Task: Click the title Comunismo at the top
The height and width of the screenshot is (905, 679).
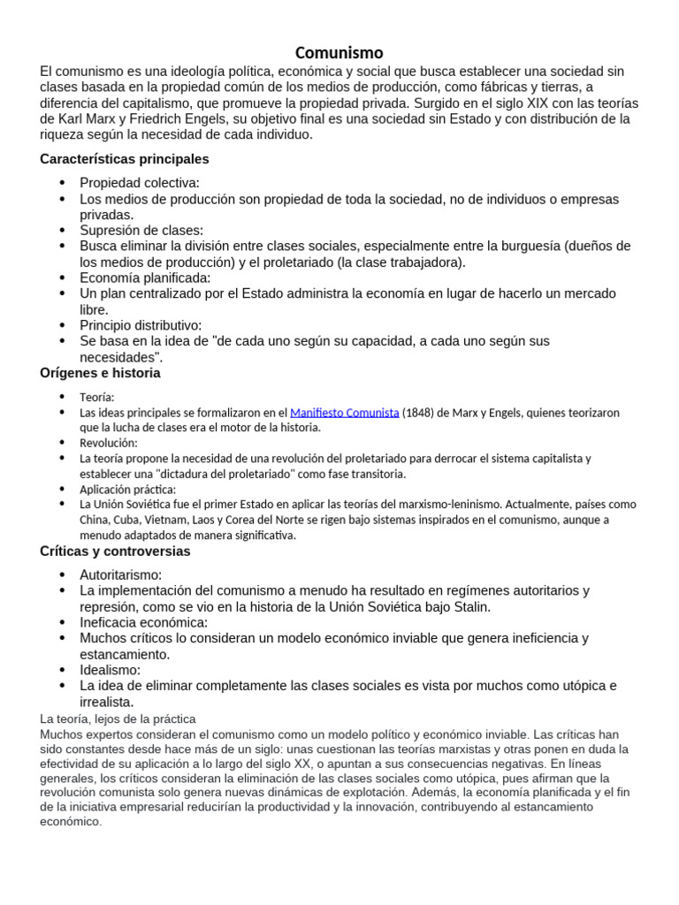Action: click(x=339, y=52)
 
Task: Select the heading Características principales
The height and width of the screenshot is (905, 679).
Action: click(x=125, y=159)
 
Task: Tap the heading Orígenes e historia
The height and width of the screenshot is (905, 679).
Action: click(x=100, y=373)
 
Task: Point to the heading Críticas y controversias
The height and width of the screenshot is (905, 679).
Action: click(x=115, y=551)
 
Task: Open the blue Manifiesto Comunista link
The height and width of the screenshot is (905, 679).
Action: click(x=344, y=413)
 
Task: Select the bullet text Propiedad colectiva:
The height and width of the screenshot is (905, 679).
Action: click(x=140, y=183)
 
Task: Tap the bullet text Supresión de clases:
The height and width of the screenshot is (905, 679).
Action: click(x=141, y=231)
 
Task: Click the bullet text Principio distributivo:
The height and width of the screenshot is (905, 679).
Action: click(x=141, y=325)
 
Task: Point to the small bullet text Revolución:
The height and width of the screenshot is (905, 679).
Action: click(x=108, y=443)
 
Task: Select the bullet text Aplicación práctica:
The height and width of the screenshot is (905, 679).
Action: click(x=127, y=489)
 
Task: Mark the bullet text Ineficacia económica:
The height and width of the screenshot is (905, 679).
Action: click(x=144, y=622)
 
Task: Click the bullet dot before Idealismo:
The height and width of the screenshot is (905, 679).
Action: click(x=62, y=670)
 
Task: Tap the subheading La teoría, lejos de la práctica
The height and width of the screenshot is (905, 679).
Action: click(x=118, y=719)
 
